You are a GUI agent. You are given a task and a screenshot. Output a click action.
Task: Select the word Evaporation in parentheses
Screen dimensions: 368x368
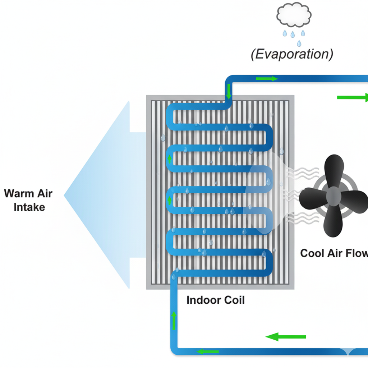point(292,54)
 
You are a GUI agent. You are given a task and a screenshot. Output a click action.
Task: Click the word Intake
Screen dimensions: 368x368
point(29,207)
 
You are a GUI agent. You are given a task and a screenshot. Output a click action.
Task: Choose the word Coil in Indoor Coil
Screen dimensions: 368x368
point(234,300)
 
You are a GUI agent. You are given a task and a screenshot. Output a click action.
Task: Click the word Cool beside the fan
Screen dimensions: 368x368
point(313,253)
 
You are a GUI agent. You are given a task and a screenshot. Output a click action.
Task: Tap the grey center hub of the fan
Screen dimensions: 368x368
point(333,196)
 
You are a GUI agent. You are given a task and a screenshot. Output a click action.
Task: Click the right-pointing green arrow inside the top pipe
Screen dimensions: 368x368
point(267,79)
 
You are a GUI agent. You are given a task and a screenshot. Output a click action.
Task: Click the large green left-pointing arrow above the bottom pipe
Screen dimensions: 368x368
point(286,337)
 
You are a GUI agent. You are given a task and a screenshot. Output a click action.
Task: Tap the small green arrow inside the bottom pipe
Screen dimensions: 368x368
point(208,351)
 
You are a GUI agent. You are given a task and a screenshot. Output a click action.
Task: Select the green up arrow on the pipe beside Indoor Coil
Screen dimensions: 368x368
point(174,320)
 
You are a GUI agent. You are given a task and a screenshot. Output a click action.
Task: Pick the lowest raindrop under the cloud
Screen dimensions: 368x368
point(299,43)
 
